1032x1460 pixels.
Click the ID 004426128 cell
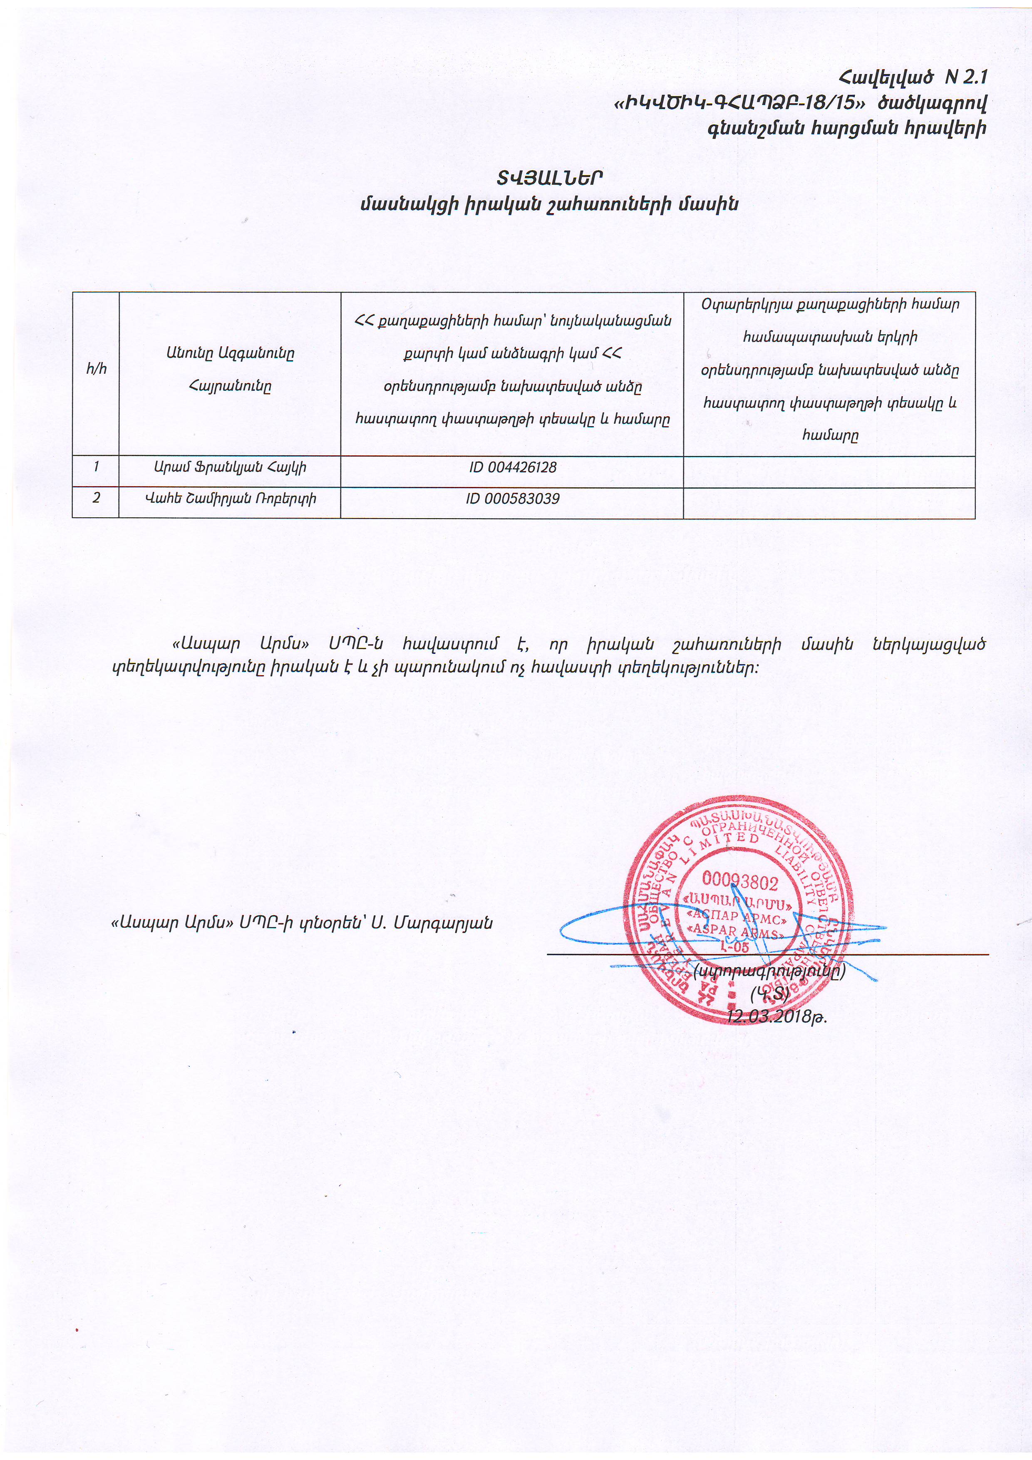pyautogui.click(x=513, y=467)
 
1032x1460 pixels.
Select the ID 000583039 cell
pyautogui.click(x=513, y=499)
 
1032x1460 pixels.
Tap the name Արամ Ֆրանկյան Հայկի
pyautogui.click(x=230, y=467)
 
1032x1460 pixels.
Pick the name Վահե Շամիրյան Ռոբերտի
pyautogui.click(x=230, y=499)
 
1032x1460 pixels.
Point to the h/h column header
pyautogui.click(x=96, y=369)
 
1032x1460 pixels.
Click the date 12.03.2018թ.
pyautogui.click(x=776, y=1016)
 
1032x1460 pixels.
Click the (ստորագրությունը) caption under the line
pyautogui.click(x=769, y=971)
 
